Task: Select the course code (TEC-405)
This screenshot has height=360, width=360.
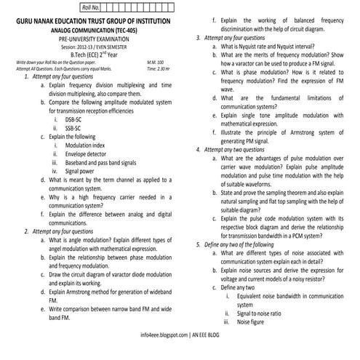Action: tap(137, 32)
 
